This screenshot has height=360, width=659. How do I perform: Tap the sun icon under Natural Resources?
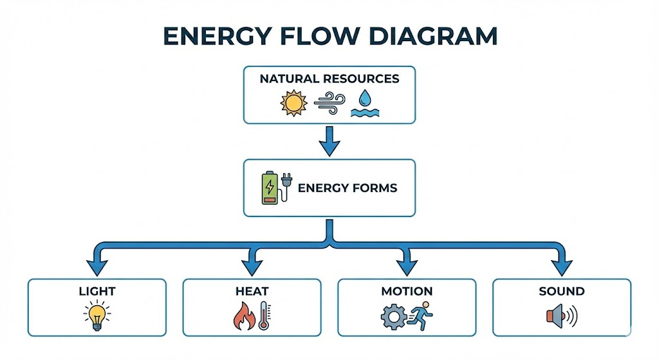coord(293,103)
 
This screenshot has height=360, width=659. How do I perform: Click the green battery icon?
coord(270,188)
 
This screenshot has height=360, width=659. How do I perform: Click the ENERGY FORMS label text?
coord(347,188)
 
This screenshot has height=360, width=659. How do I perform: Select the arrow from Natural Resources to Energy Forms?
coord(329,141)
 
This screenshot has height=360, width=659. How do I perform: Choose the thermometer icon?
coord(263,316)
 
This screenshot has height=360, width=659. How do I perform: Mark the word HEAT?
coord(252,292)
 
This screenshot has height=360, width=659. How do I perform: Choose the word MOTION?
coord(407,292)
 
